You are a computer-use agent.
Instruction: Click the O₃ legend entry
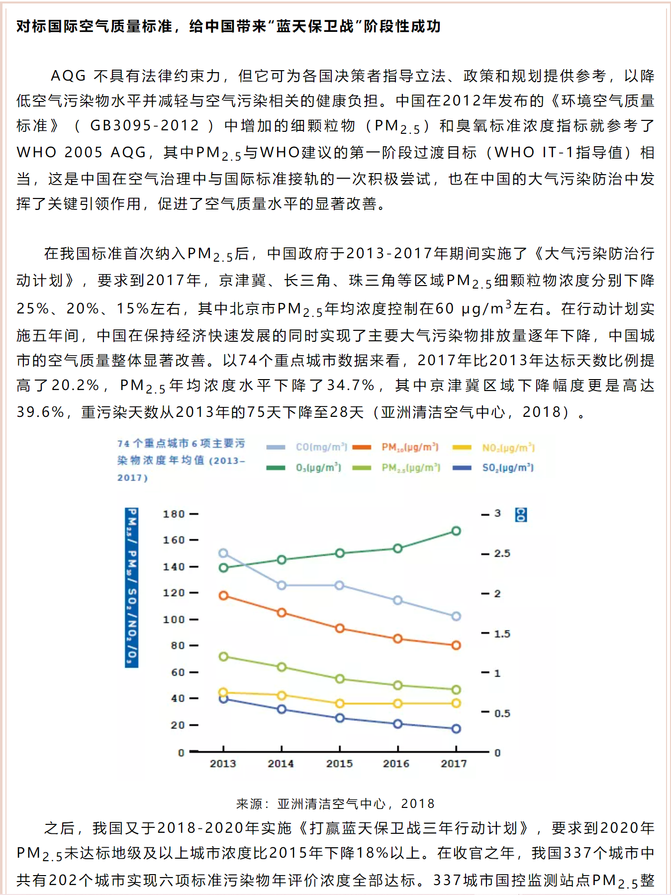[x=303, y=468]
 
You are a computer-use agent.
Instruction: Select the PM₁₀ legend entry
[x=395, y=447]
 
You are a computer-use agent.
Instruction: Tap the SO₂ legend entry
[x=493, y=468]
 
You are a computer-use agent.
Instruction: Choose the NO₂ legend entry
[x=493, y=447]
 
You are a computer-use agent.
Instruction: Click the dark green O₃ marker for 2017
[x=456, y=531]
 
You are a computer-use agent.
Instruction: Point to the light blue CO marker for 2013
[x=223, y=553]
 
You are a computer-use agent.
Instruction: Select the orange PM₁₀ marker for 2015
[x=340, y=628]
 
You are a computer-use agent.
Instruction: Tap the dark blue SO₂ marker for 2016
[x=398, y=724]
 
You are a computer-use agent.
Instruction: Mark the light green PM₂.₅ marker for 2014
[x=282, y=667]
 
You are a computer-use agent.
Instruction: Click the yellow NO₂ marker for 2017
[x=456, y=703]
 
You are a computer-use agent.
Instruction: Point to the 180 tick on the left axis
[x=181, y=514]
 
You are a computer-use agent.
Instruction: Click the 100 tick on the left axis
[x=181, y=619]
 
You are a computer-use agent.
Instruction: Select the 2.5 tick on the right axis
[x=496, y=553]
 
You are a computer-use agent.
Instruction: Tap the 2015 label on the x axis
[x=339, y=764]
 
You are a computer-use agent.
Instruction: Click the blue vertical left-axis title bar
[x=132, y=588]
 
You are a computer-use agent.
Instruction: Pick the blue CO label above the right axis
[x=521, y=514]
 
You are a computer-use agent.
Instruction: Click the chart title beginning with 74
[x=182, y=460]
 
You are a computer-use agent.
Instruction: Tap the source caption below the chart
[x=335, y=803]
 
